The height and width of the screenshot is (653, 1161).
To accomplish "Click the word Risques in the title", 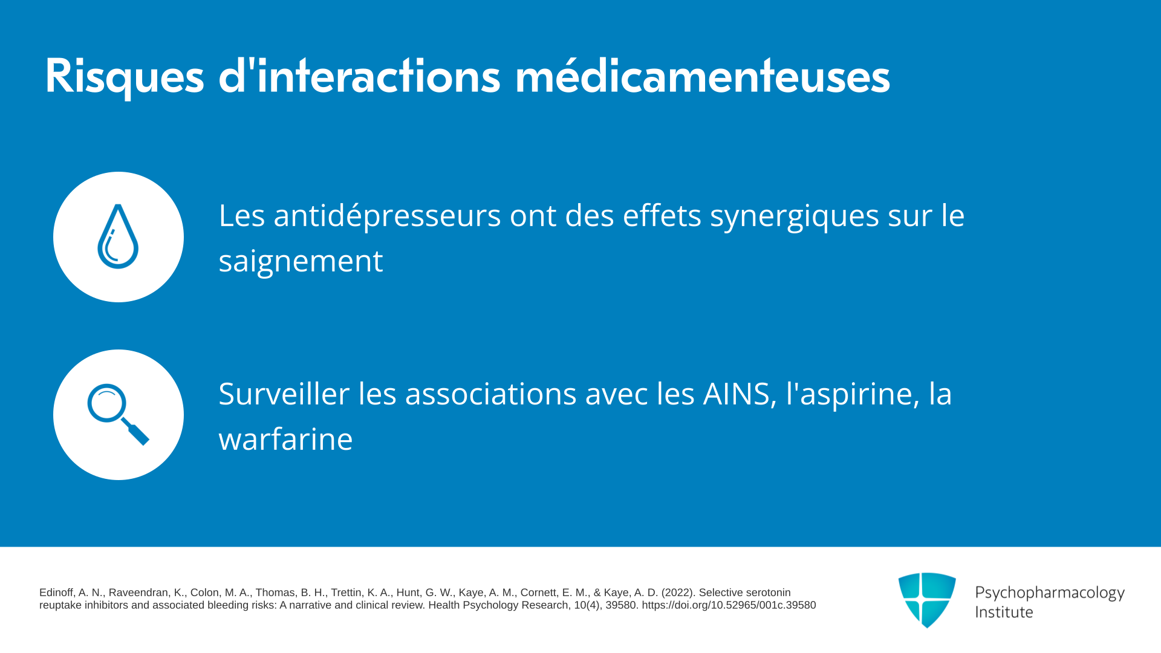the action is pyautogui.click(x=125, y=77).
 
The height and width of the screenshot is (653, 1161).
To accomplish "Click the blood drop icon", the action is pyautogui.click(x=118, y=236).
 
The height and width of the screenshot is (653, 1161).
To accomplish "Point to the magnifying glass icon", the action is pyautogui.click(x=118, y=414).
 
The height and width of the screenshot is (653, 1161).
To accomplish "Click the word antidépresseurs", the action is pyautogui.click(x=387, y=215).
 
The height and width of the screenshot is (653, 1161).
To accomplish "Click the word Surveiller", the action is pyautogui.click(x=284, y=394).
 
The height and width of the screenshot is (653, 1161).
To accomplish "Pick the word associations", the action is pyautogui.click(x=490, y=394).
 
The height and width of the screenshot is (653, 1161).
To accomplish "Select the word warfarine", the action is pyautogui.click(x=285, y=439).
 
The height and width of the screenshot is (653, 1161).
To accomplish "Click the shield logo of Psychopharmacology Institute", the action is pyautogui.click(x=927, y=600).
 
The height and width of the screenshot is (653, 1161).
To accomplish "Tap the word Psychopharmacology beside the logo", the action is pyautogui.click(x=1050, y=593).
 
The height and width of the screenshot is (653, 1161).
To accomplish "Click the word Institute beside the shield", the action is pyautogui.click(x=1004, y=612).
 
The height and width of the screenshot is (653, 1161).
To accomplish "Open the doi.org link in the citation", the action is pyautogui.click(x=729, y=605).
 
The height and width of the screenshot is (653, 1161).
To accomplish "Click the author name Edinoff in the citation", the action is pyautogui.click(x=57, y=593).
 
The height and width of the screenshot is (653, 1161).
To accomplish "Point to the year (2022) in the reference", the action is pyautogui.click(x=678, y=593).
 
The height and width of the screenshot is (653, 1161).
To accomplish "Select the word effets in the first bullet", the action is pyautogui.click(x=662, y=215).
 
